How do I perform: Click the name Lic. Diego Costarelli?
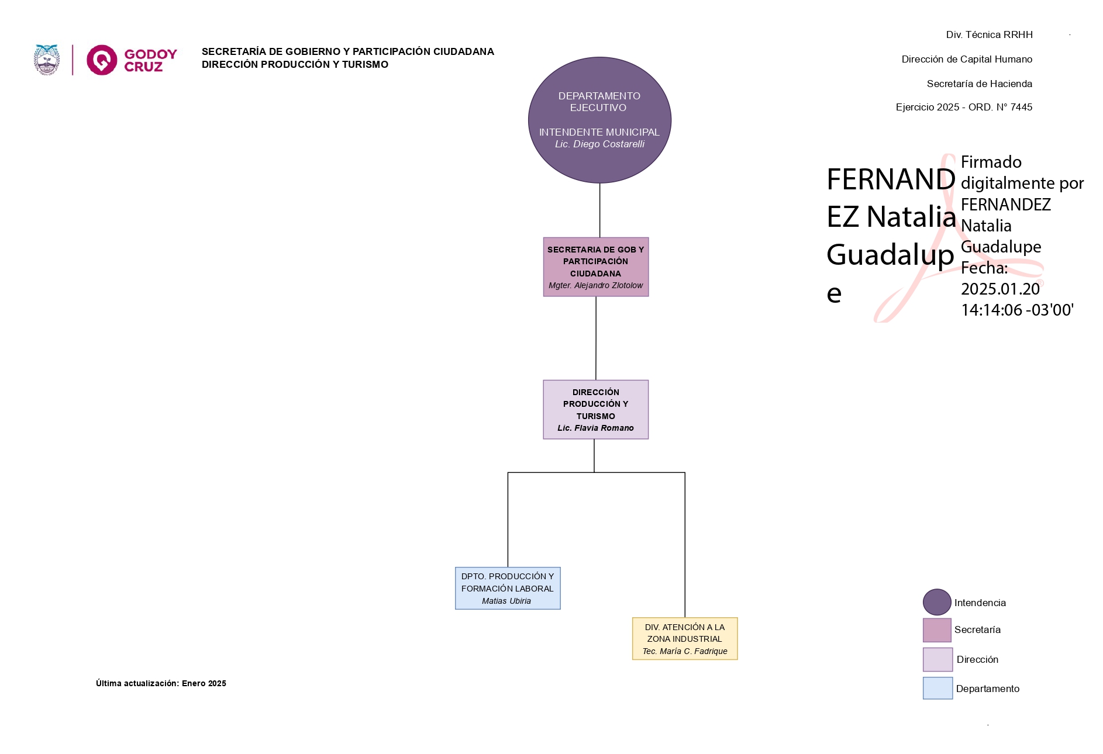tap(599, 144)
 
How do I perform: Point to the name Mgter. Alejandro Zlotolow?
tap(595, 286)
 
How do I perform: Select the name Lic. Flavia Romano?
tap(595, 428)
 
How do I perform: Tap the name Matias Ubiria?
tap(506, 601)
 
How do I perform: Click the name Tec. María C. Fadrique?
tap(685, 652)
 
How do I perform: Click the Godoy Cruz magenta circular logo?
tap(102, 60)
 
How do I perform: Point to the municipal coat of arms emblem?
tap(47, 60)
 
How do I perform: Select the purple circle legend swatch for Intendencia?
tap(937, 602)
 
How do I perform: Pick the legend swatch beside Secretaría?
tap(937, 630)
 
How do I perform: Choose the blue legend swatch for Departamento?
tap(937, 689)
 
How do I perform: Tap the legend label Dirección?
tap(977, 660)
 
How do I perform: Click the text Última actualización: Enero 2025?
tap(161, 684)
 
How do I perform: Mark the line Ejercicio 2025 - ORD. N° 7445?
tap(964, 108)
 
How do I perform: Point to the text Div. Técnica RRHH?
tap(989, 35)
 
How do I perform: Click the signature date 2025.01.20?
tap(1000, 289)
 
